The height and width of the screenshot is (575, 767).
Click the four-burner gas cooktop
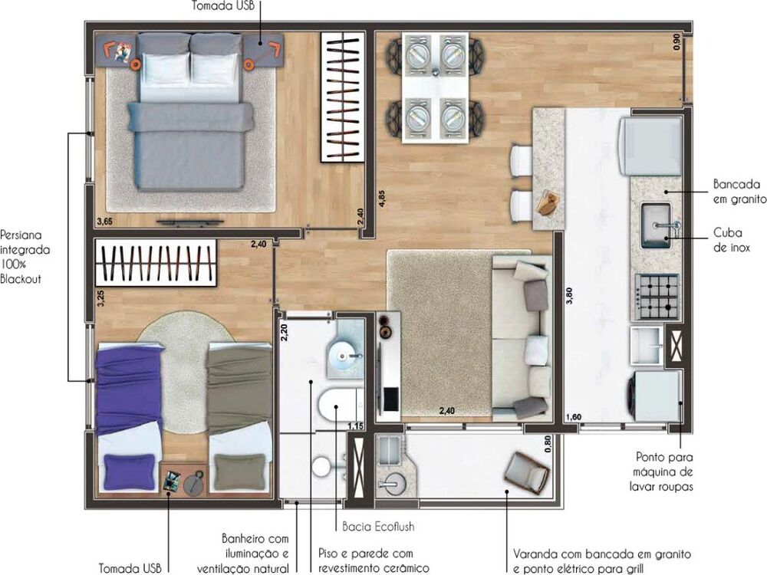656,296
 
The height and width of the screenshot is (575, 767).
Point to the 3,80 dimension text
569,296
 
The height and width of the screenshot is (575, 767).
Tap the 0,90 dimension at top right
676,43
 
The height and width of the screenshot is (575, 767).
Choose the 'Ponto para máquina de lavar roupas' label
664,471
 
